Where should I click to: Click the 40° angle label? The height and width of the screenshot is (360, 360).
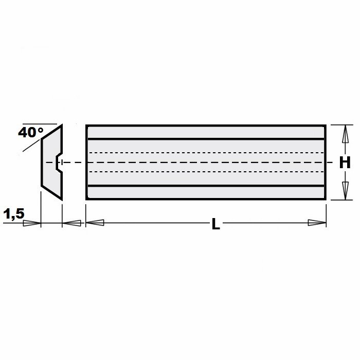point(31,133)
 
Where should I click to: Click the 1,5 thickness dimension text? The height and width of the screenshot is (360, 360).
point(14,214)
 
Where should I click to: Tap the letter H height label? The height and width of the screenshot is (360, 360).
point(345,163)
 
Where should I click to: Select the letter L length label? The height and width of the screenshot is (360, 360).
point(216,224)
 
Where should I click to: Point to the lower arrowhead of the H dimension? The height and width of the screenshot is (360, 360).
point(345,191)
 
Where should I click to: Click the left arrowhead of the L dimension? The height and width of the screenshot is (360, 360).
point(95,223)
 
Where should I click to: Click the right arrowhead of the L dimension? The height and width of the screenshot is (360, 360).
point(317,223)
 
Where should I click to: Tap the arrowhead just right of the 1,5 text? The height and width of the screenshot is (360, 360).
point(32,223)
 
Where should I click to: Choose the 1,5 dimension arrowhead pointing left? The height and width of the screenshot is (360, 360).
point(71,223)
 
